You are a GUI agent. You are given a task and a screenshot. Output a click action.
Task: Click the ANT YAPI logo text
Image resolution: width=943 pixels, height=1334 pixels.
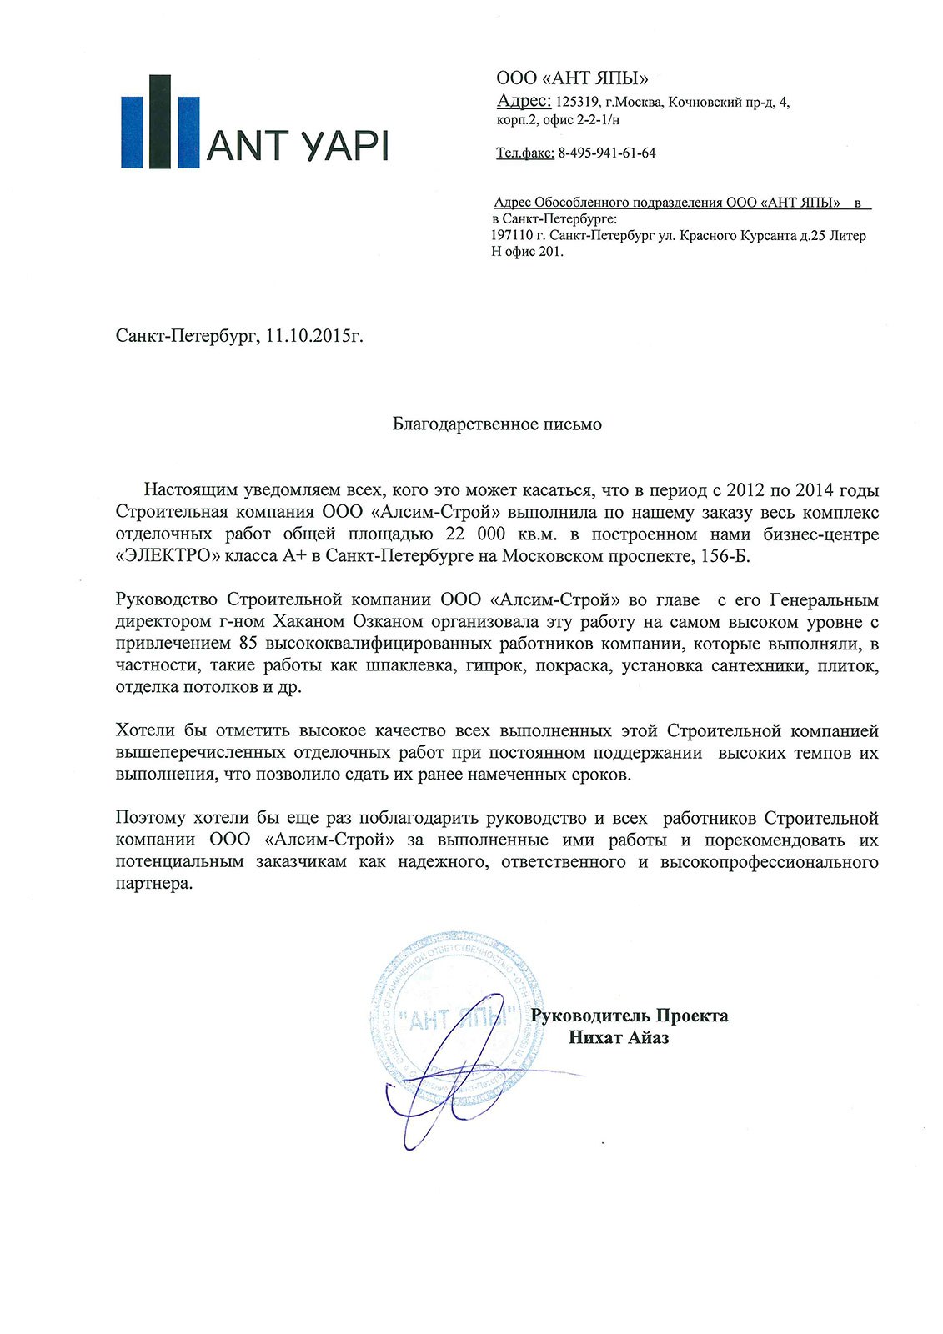(297, 146)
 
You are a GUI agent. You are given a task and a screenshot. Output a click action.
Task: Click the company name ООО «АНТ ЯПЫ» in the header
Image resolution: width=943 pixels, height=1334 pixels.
(572, 79)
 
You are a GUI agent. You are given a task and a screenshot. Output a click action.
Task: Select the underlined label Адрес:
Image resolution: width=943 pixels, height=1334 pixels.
(524, 101)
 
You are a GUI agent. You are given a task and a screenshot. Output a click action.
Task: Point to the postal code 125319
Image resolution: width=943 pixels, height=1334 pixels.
(578, 102)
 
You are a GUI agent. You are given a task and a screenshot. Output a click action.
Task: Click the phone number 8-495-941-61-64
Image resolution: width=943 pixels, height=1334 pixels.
(607, 153)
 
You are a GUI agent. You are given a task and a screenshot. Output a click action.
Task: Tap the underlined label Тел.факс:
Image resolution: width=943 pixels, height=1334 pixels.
(525, 153)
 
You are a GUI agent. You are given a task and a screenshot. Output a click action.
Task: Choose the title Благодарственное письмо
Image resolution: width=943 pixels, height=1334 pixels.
(497, 424)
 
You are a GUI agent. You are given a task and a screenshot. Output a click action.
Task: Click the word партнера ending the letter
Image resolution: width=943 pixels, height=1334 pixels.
(153, 884)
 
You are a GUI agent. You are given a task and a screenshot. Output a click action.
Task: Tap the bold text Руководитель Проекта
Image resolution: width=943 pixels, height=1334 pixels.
(630, 1016)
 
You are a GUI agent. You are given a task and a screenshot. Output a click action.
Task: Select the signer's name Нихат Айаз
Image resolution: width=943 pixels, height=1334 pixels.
(619, 1038)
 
